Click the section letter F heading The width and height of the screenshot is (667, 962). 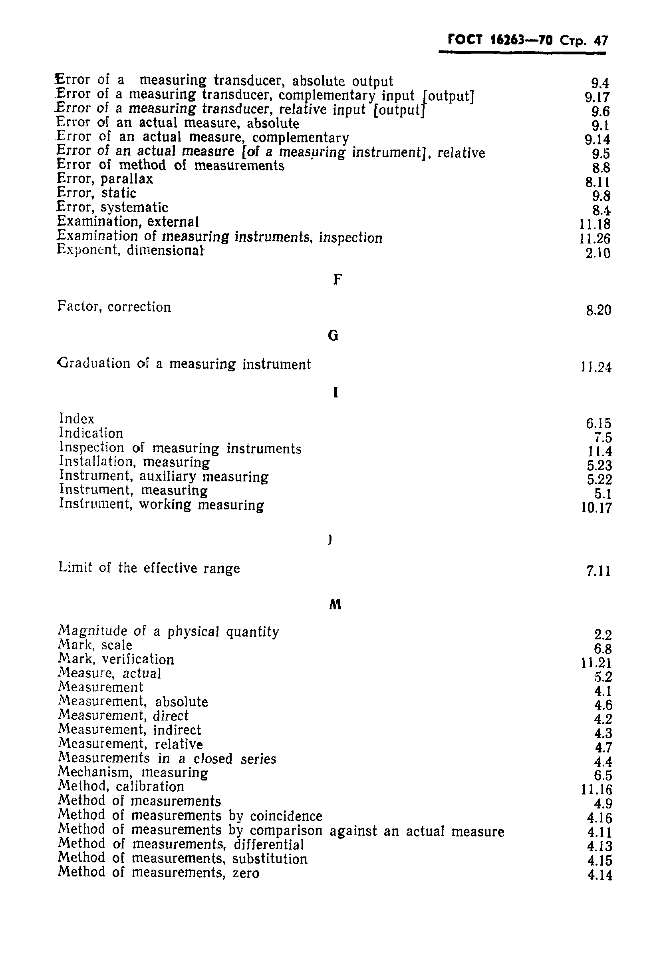pyautogui.click(x=337, y=279)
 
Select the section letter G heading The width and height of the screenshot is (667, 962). pyautogui.click(x=333, y=335)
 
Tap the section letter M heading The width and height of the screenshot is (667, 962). pyautogui.click(x=335, y=605)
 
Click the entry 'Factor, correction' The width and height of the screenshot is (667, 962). pyautogui.click(x=114, y=307)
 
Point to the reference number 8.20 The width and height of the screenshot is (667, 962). pyautogui.click(x=598, y=310)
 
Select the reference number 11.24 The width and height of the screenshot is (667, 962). pyautogui.click(x=596, y=367)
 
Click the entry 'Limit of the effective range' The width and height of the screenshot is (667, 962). pyautogui.click(x=149, y=568)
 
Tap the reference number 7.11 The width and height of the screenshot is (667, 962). pyautogui.click(x=598, y=571)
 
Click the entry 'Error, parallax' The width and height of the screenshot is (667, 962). pyautogui.click(x=105, y=179)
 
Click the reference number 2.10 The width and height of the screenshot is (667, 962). pyautogui.click(x=598, y=253)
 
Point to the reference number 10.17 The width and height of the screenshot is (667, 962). pyautogui.click(x=596, y=508)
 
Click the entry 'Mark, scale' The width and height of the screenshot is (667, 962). pyautogui.click(x=95, y=645)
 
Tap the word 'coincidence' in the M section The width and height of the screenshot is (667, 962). pyautogui.click(x=286, y=816)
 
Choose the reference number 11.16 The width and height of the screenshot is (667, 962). pyautogui.click(x=596, y=790)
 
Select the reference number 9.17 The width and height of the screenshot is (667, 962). pyautogui.click(x=597, y=98)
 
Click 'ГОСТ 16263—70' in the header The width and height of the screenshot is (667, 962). pyautogui.click(x=500, y=40)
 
